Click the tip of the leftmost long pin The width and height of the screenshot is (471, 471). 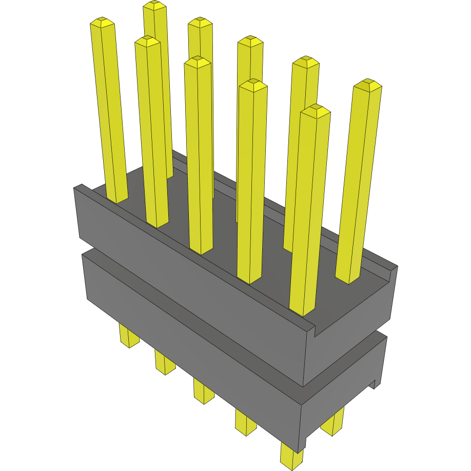102,22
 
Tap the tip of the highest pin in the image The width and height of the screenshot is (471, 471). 154,6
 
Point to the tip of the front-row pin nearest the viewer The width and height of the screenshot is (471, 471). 315,110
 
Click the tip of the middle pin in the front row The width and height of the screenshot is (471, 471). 198,62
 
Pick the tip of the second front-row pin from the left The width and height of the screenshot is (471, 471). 147,41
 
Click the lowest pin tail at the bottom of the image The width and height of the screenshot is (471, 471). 291,457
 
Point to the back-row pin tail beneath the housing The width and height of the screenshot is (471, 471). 332,423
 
